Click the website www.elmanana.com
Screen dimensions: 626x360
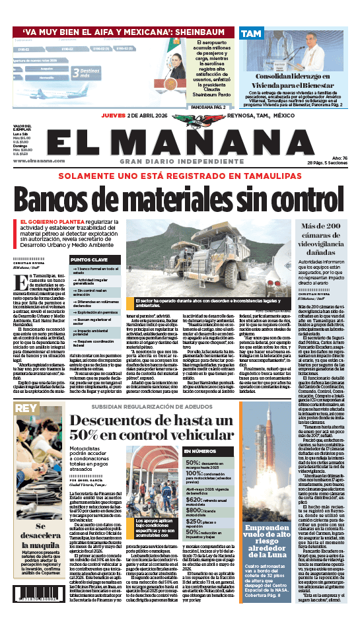click(x=32, y=160)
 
